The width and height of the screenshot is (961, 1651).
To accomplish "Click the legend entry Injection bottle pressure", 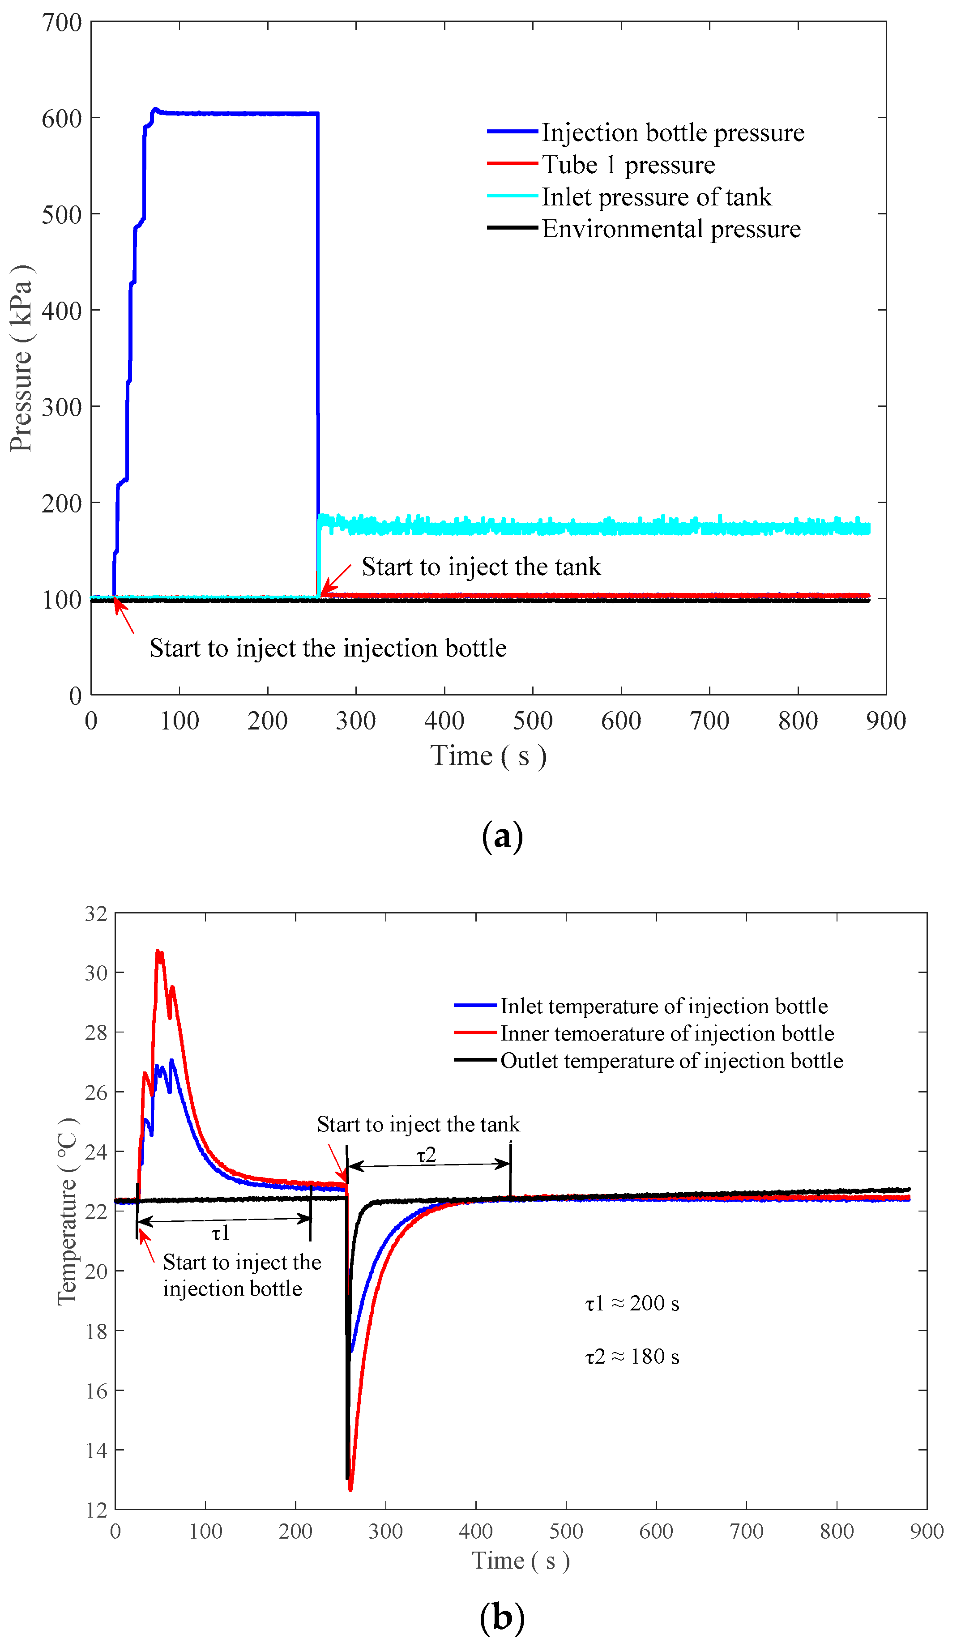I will tap(672, 132).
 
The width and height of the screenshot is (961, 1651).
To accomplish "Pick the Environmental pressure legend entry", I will tap(671, 229).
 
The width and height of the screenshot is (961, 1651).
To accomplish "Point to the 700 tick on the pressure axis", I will tap(62, 23).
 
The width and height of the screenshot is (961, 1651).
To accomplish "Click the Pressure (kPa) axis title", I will tap(21, 358).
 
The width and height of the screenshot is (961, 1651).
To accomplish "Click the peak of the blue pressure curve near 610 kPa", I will tap(154, 109).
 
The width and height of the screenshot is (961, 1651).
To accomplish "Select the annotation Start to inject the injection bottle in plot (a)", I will tap(328, 648).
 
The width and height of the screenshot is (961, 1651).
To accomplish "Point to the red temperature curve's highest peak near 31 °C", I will tap(158, 951).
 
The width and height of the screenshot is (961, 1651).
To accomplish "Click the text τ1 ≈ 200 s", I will tap(632, 1304).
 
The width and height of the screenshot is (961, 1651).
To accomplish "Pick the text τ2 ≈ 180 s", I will tap(632, 1356).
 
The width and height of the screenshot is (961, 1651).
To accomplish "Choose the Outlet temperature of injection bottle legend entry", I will tap(671, 1061).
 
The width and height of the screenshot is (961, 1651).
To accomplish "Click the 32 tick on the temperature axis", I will tap(96, 914).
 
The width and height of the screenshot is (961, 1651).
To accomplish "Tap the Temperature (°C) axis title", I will tap(68, 1212).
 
